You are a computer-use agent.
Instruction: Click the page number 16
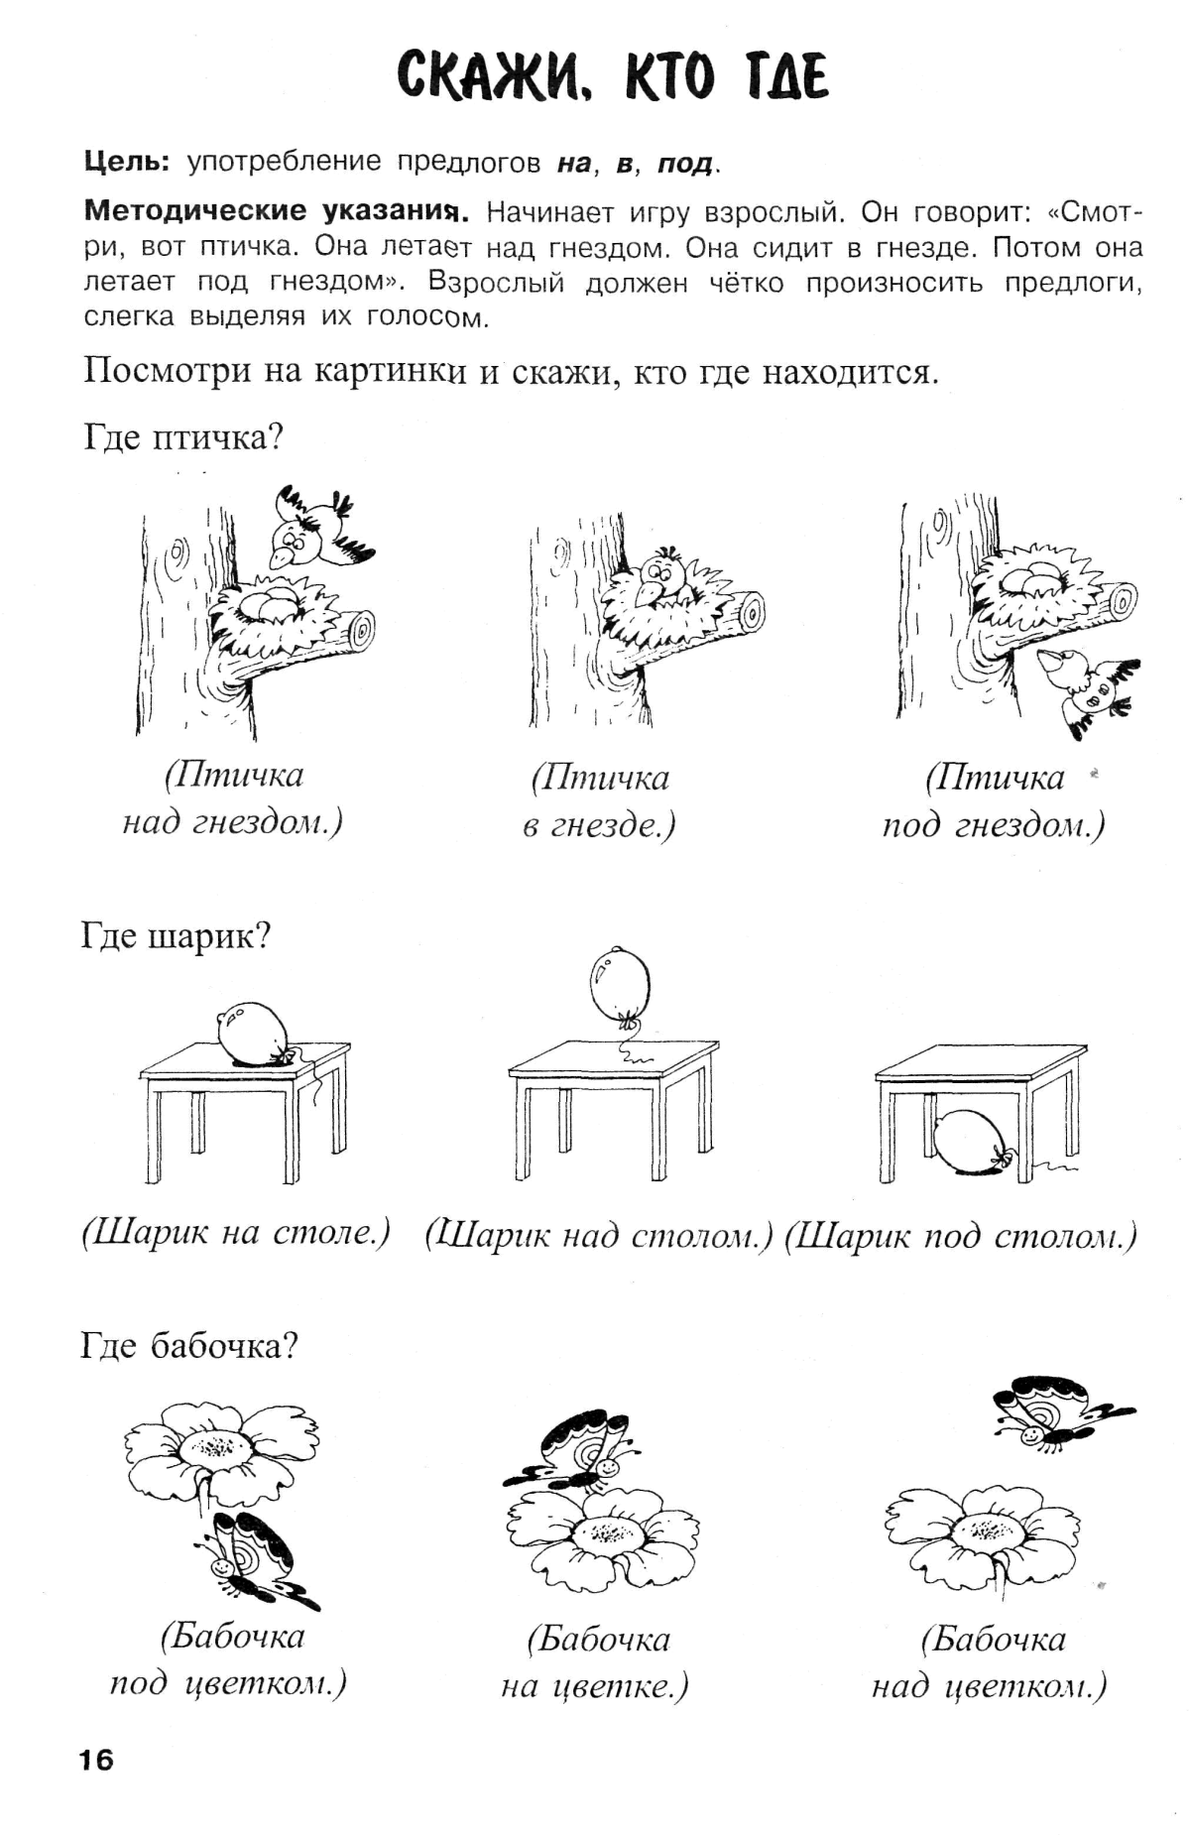(96, 1760)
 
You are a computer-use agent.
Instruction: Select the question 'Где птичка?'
(182, 436)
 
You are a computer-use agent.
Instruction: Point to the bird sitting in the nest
(658, 579)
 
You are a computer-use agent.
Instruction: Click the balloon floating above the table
(620, 983)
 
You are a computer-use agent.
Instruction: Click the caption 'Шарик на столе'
(236, 1233)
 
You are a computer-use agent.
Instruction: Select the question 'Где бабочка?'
(188, 1346)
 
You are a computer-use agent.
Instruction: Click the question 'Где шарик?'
(176, 935)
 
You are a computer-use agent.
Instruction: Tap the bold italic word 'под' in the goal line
(685, 164)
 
